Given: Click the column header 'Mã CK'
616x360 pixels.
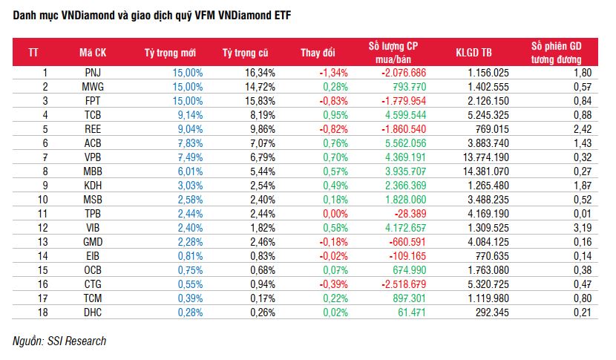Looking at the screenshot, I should pyautogui.click(x=94, y=53).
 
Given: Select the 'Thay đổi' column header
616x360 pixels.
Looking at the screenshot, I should pyautogui.click(x=318, y=53).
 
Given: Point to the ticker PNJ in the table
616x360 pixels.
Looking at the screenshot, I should pyautogui.click(x=94, y=73).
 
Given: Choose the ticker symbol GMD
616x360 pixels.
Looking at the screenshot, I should pyautogui.click(x=94, y=242).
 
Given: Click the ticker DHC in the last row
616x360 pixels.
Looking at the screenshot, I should pyautogui.click(x=94, y=312).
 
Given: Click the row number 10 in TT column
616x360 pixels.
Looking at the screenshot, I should pyautogui.click(x=44, y=200).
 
